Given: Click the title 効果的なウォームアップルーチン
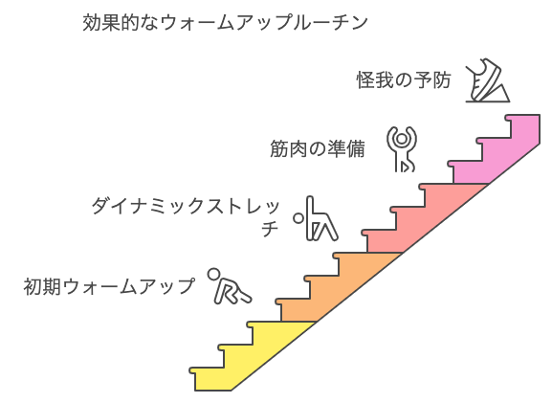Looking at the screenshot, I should pyautogui.click(x=226, y=22).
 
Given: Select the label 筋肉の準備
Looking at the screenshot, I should pyautogui.click(x=318, y=149).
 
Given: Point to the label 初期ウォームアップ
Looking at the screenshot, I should pyautogui.click(x=108, y=285).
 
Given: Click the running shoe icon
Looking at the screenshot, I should pyautogui.click(x=487, y=82).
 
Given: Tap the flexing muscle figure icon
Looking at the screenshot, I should pyautogui.click(x=402, y=148).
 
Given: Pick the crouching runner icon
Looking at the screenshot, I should pyautogui.click(x=228, y=286).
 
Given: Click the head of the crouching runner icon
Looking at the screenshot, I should pyautogui.click(x=217, y=275).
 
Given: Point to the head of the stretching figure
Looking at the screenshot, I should pyautogui.click(x=298, y=218).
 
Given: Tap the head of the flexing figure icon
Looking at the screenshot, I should pyautogui.click(x=402, y=136).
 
